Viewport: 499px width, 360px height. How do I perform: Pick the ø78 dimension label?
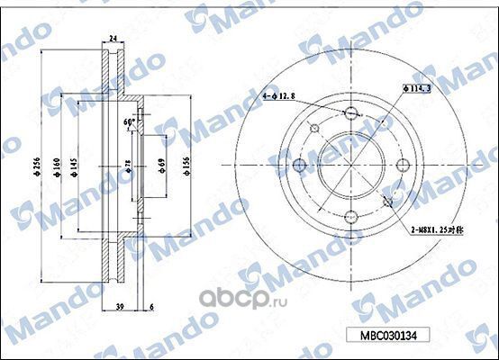[x=129, y=166]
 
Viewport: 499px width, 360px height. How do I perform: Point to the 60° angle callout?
[x=129, y=123]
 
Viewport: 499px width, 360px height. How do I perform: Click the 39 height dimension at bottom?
[x=120, y=307]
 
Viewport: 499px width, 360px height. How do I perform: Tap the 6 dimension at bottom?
[x=150, y=307]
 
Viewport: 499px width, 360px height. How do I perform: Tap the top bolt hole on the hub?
[x=351, y=113]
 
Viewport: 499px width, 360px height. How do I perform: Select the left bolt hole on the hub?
[x=299, y=166]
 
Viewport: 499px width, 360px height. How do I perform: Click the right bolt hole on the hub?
[x=404, y=166]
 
